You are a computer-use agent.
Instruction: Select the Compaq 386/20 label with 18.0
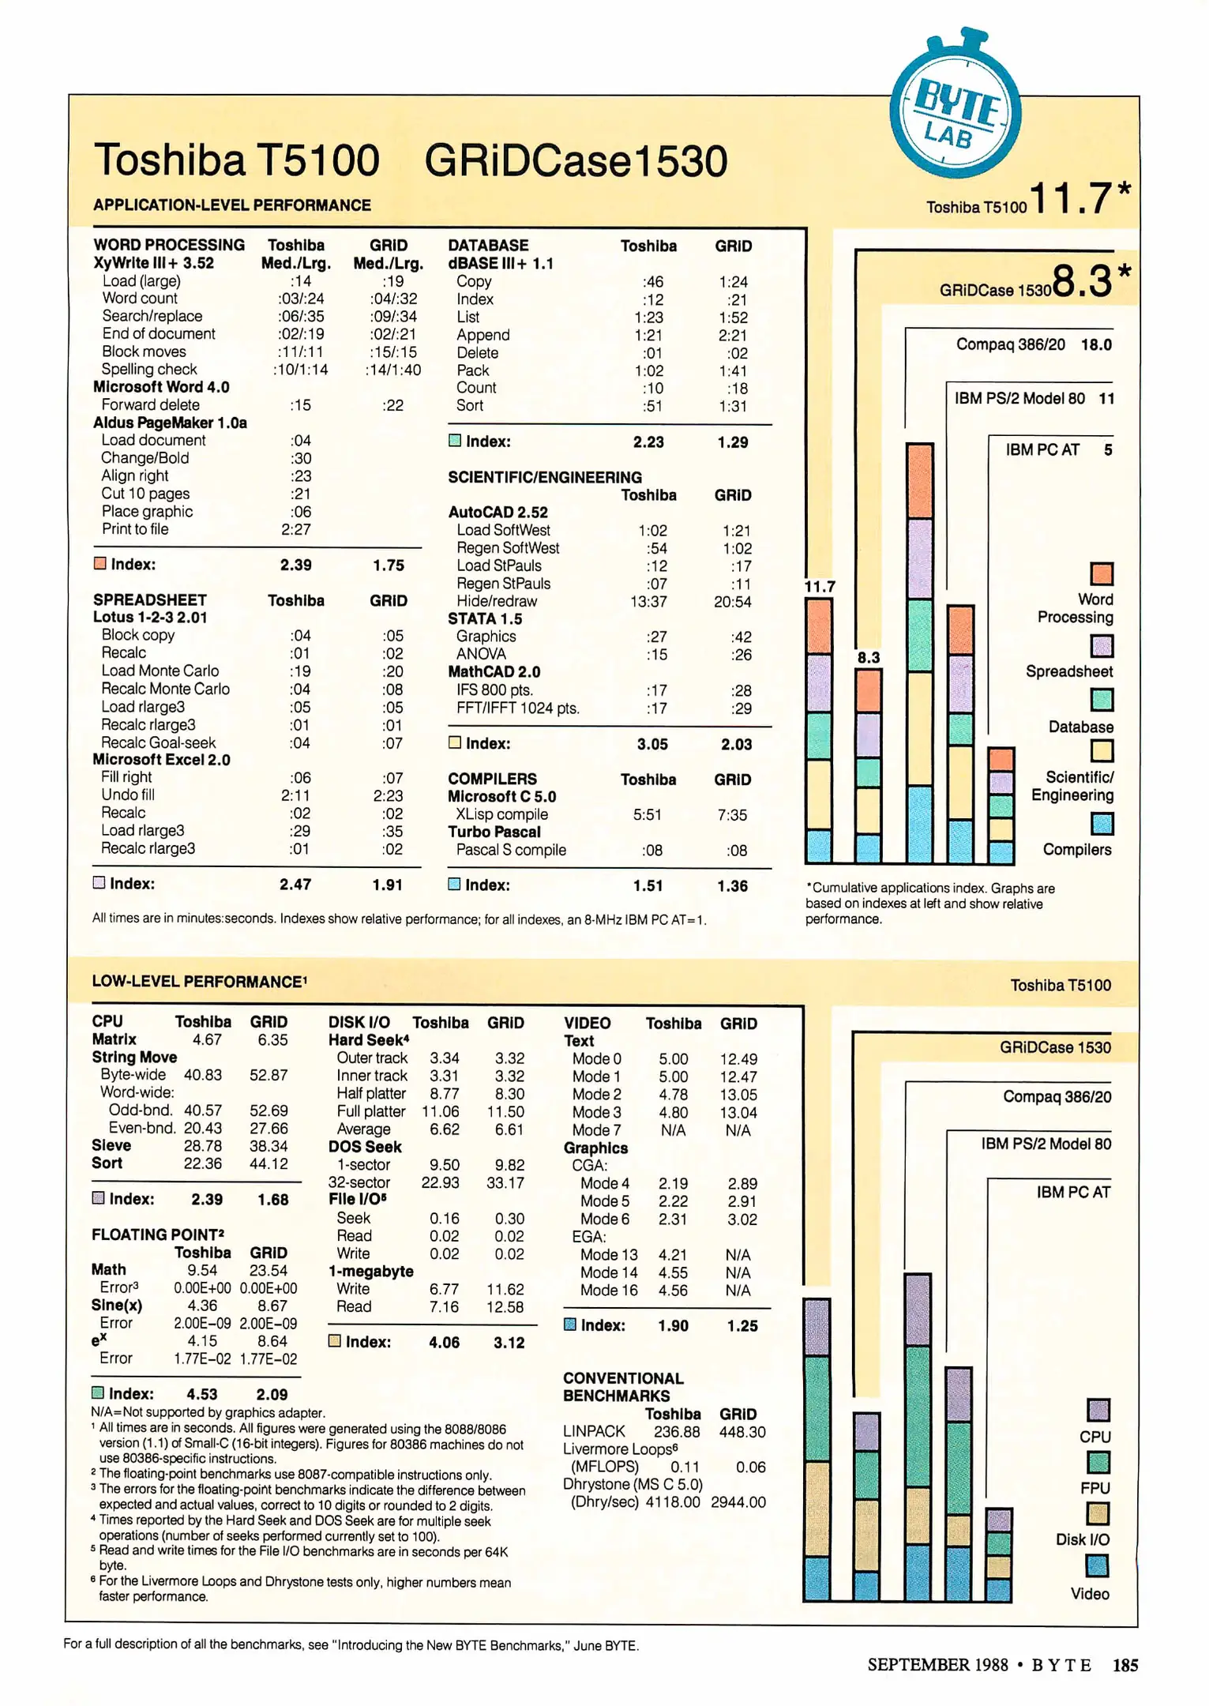[1033, 345]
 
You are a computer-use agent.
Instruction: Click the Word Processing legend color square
[1102, 573]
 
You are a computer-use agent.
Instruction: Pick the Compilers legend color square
[1102, 824]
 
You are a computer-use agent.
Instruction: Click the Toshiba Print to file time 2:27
[296, 529]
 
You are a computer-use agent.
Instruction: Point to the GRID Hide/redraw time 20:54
[732, 602]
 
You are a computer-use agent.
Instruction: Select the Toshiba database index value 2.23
[648, 442]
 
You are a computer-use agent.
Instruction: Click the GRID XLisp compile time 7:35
[732, 815]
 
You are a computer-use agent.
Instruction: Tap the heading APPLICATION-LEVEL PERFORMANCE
[232, 205]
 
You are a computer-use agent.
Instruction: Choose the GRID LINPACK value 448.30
[742, 1432]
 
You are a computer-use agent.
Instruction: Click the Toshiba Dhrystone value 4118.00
[672, 1502]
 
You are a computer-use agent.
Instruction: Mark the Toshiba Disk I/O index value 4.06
[444, 1343]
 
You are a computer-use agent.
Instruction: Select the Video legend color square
[1097, 1565]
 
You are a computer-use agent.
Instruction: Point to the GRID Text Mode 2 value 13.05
[738, 1095]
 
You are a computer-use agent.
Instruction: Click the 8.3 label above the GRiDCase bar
[868, 658]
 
